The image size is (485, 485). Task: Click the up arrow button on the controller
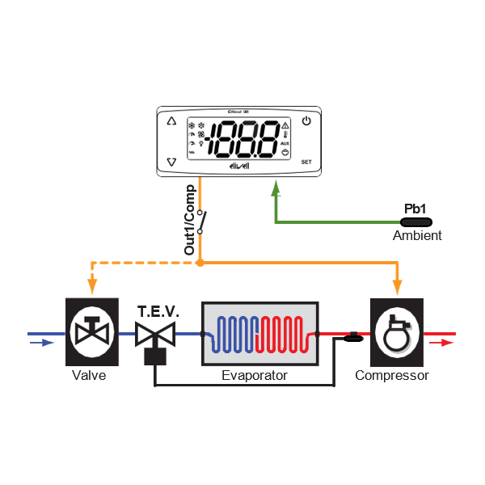[171, 122]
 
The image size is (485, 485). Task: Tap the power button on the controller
[306, 122]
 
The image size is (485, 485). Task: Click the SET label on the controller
[306, 162]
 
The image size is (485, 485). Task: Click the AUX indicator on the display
[285, 143]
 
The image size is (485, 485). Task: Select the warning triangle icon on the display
[285, 126]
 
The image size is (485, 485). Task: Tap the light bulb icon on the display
[200, 144]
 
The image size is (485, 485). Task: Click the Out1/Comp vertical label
[190, 221]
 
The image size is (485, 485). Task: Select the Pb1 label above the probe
[415, 209]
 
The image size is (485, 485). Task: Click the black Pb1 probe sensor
[417, 221]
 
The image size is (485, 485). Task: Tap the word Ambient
[417, 236]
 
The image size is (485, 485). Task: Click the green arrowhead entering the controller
[276, 188]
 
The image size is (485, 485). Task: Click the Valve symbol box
[88, 331]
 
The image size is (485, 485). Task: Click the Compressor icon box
[395, 331]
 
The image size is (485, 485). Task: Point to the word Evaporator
[255, 376]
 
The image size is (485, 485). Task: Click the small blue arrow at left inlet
[38, 343]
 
